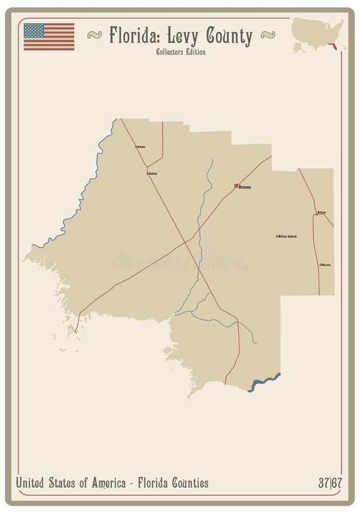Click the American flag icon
(x=49, y=37)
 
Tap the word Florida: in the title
(x=135, y=37)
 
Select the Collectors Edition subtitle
(x=180, y=52)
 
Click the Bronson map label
(x=245, y=187)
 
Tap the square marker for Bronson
(x=236, y=186)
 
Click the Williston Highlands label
(x=287, y=236)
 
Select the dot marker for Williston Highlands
(x=277, y=236)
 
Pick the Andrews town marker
(x=136, y=147)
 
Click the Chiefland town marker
(x=147, y=173)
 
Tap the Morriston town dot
(x=321, y=265)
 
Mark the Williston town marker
(x=317, y=213)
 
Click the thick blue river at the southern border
(x=264, y=383)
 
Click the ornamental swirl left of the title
(x=95, y=35)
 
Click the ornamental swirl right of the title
(x=267, y=35)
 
